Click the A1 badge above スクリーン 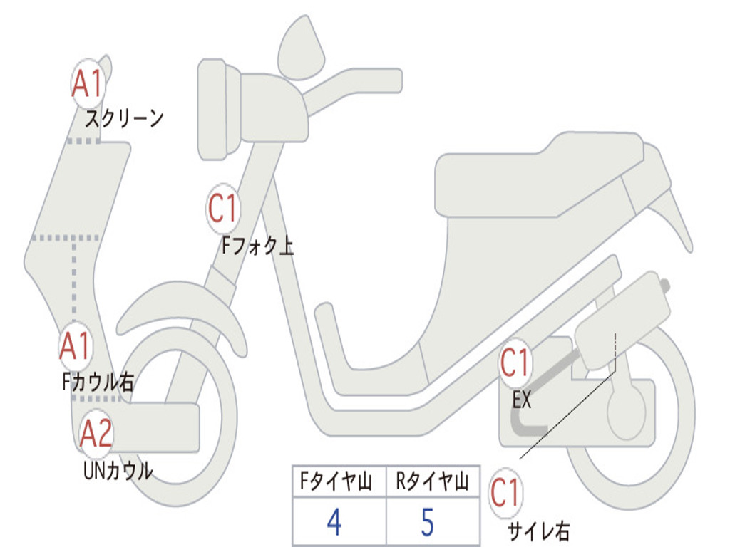[88, 84]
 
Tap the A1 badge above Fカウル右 [75, 346]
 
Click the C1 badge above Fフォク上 [223, 209]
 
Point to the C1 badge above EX [515, 363]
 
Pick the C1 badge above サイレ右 [505, 493]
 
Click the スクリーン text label [124, 119]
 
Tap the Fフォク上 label [257, 246]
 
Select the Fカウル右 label [98, 382]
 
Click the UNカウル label [118, 470]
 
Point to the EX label [521, 400]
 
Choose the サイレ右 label [539, 531]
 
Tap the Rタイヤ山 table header [433, 481]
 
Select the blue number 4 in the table [334, 522]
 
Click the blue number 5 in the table [428, 522]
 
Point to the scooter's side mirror [300, 49]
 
